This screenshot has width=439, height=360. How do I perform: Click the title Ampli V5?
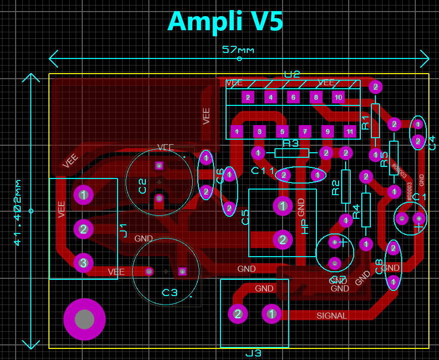click(x=225, y=21)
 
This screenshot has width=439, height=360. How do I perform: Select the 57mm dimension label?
click(x=238, y=50)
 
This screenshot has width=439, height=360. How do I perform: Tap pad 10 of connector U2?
click(x=338, y=97)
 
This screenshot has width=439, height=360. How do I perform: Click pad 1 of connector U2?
click(x=236, y=132)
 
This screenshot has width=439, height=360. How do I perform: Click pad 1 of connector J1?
click(x=83, y=195)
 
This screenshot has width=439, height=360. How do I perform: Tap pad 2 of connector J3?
click(x=238, y=314)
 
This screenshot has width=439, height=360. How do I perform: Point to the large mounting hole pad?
click(x=84, y=319)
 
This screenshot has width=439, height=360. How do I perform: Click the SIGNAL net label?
click(x=332, y=316)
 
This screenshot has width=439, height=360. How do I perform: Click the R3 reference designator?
click(x=291, y=144)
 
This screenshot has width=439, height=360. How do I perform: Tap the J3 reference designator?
click(x=253, y=353)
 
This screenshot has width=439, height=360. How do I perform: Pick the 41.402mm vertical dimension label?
click(x=18, y=212)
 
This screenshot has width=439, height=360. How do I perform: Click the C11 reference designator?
click(x=262, y=171)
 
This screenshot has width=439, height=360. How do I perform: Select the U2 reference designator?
click(x=292, y=75)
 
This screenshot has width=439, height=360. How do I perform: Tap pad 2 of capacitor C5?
click(x=283, y=239)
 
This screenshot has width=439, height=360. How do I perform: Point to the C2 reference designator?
click(x=142, y=186)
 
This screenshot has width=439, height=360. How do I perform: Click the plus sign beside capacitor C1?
click(x=418, y=228)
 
